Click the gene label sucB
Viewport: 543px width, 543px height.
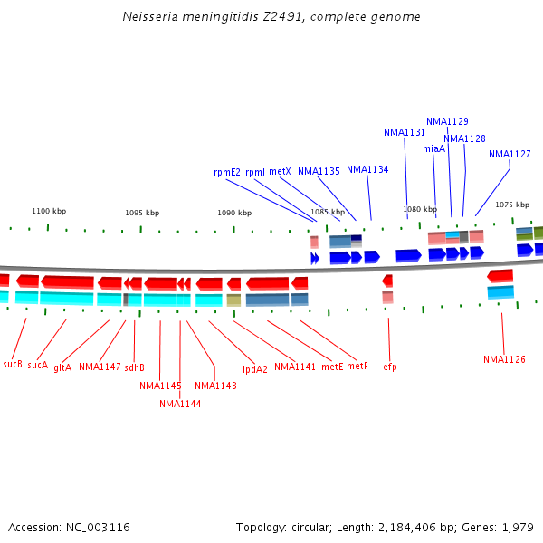[x=13, y=364]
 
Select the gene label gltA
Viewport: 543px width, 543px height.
[x=62, y=367]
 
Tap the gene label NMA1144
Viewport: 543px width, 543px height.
[x=180, y=404]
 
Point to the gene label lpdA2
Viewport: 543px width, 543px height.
[x=255, y=368]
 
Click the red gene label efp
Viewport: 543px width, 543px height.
[x=390, y=367]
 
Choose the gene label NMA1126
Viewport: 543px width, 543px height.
[x=504, y=359]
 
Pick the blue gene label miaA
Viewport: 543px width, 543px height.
[x=433, y=148]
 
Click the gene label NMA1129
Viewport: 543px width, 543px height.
[x=447, y=121]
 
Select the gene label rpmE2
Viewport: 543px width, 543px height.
[x=227, y=172]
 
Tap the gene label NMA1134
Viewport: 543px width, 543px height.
[x=367, y=169]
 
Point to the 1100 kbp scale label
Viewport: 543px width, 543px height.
[x=49, y=211]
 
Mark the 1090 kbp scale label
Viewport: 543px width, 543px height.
[x=234, y=213]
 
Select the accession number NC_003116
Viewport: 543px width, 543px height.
[x=100, y=527]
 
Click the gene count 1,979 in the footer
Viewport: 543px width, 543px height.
[x=519, y=527]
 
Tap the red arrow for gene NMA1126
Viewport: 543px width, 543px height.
[x=500, y=275]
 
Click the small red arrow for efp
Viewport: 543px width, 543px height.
[x=387, y=281]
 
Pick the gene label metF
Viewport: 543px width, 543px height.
[x=357, y=367]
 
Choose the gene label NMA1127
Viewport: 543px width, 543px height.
[x=510, y=154]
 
